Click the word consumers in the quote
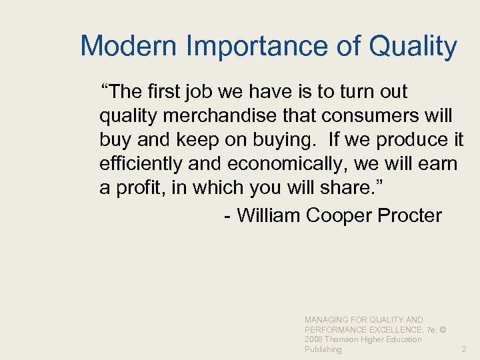click(x=371, y=115)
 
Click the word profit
click(x=141, y=188)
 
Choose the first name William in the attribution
click(x=269, y=215)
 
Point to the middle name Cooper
click(x=341, y=215)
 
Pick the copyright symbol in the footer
click(x=443, y=329)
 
